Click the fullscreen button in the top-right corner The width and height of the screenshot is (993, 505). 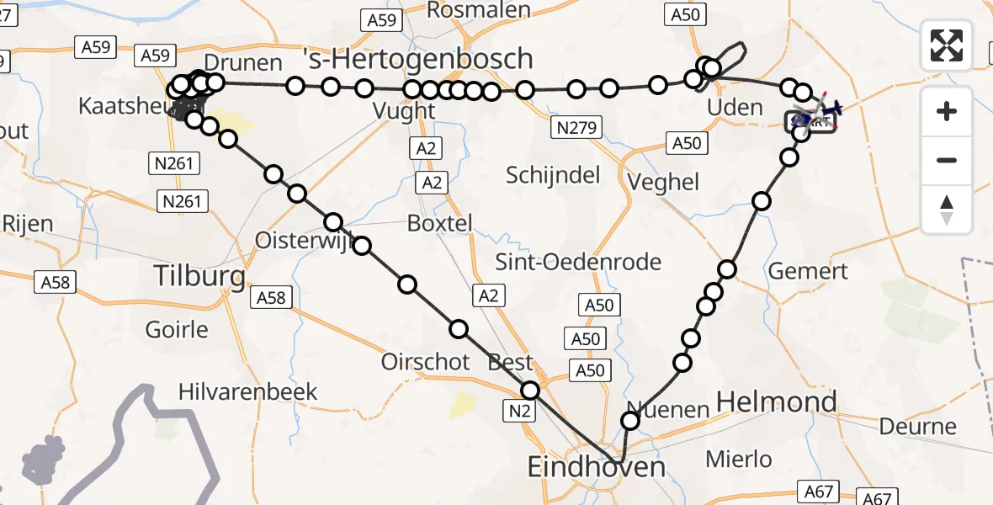click(x=947, y=45)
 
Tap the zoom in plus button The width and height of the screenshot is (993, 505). click(x=947, y=111)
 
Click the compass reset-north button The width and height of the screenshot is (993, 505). click(x=947, y=210)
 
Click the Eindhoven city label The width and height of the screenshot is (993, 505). click(x=596, y=466)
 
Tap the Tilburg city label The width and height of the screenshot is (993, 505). click(x=199, y=275)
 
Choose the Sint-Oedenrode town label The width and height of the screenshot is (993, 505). click(x=590, y=262)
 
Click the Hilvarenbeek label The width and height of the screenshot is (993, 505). click(x=247, y=391)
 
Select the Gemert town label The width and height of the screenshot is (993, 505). click(x=808, y=271)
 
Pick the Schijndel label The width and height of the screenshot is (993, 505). click(x=553, y=175)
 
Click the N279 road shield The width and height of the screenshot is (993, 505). click(x=576, y=128)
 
